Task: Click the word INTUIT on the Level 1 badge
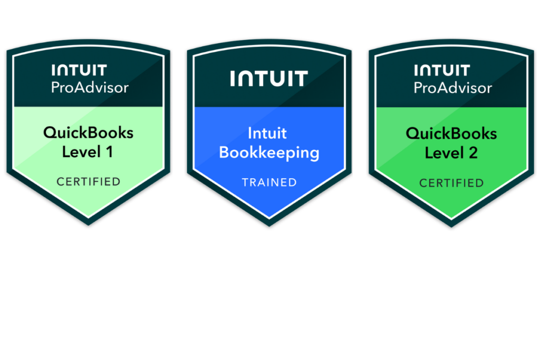(x=79, y=70)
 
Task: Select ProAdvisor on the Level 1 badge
(x=90, y=87)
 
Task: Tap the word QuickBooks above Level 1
(x=89, y=133)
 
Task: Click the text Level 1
(x=88, y=152)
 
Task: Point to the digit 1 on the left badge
(x=110, y=152)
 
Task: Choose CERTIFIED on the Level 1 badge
(x=89, y=182)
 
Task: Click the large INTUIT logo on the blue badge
(x=269, y=79)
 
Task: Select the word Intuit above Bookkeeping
(x=269, y=133)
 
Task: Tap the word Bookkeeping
(x=269, y=153)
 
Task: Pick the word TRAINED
(x=269, y=182)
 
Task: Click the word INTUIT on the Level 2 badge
(x=442, y=70)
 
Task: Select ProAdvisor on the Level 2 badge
(x=452, y=87)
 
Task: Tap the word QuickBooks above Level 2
(x=451, y=133)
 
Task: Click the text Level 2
(x=451, y=153)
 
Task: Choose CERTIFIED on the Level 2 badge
(x=451, y=183)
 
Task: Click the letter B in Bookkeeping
(x=224, y=152)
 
